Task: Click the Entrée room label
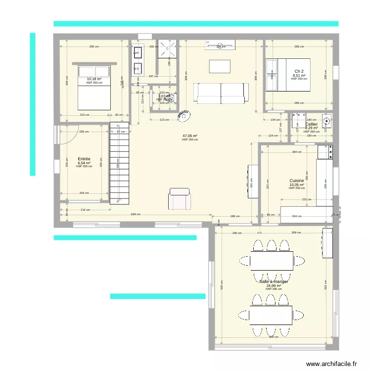pyautogui.click(x=84, y=159)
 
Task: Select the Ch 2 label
pyautogui.click(x=299, y=71)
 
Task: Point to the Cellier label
pyautogui.click(x=312, y=124)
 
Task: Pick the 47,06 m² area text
pyautogui.click(x=189, y=136)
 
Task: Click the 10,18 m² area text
pyautogui.click(x=94, y=79)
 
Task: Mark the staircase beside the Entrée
pyautogui.click(x=119, y=163)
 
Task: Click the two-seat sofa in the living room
pyautogui.click(x=221, y=93)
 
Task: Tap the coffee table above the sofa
pyautogui.click(x=220, y=66)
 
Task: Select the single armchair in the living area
pyautogui.click(x=179, y=199)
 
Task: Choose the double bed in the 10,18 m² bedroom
pyautogui.click(x=93, y=87)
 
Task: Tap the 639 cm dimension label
pyautogui.click(x=136, y=215)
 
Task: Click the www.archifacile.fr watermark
pyautogui.click(x=331, y=364)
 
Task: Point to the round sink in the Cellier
pyautogui.click(x=326, y=120)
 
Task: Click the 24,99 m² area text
pyautogui.click(x=274, y=285)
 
